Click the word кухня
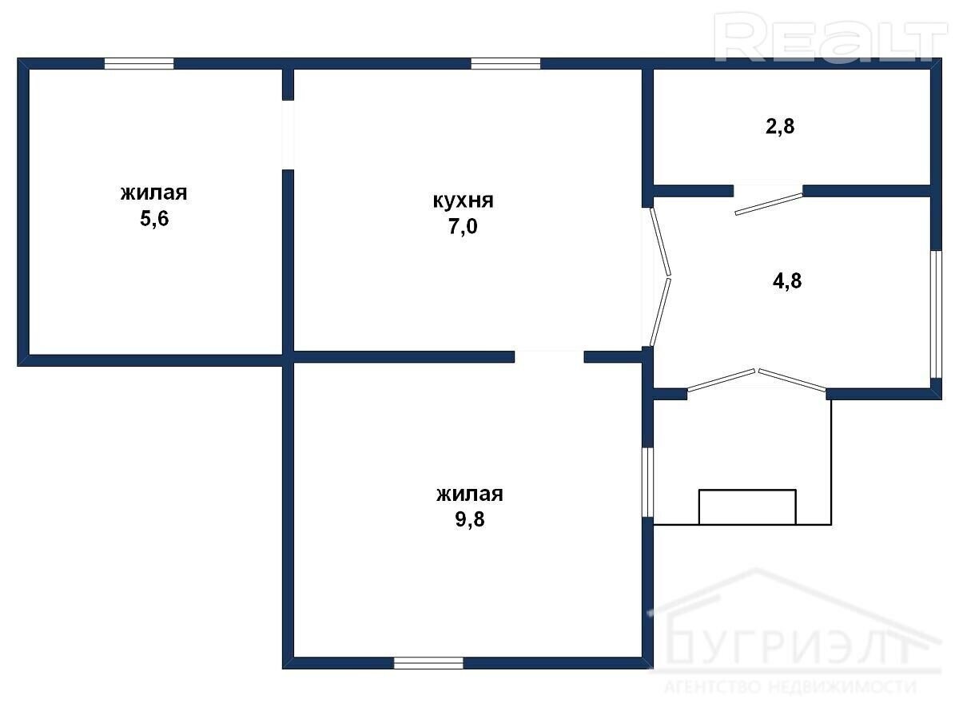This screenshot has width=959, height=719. click(463, 201)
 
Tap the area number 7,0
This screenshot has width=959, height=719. click(463, 227)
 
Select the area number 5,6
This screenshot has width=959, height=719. click(154, 219)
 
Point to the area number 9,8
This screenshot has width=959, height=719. click(470, 519)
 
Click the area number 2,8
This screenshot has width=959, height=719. click(780, 126)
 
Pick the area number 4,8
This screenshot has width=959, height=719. click(787, 280)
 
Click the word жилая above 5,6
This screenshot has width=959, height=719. click(154, 193)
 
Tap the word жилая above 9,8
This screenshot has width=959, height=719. click(470, 495)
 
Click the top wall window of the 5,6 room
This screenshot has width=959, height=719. click(139, 64)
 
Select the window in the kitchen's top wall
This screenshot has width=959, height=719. click(506, 64)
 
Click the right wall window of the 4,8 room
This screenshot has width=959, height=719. click(935, 314)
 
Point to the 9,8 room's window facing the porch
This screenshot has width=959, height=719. click(647, 482)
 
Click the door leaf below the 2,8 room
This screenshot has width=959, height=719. click(769, 205)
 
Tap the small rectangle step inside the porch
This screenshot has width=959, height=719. click(747, 506)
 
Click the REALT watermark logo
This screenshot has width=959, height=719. click(830, 38)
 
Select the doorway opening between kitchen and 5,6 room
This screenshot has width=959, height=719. click(288, 135)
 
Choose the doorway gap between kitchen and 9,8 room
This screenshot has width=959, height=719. click(549, 356)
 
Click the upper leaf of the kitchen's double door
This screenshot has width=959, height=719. click(660, 241)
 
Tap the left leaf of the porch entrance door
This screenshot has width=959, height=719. click(722, 379)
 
